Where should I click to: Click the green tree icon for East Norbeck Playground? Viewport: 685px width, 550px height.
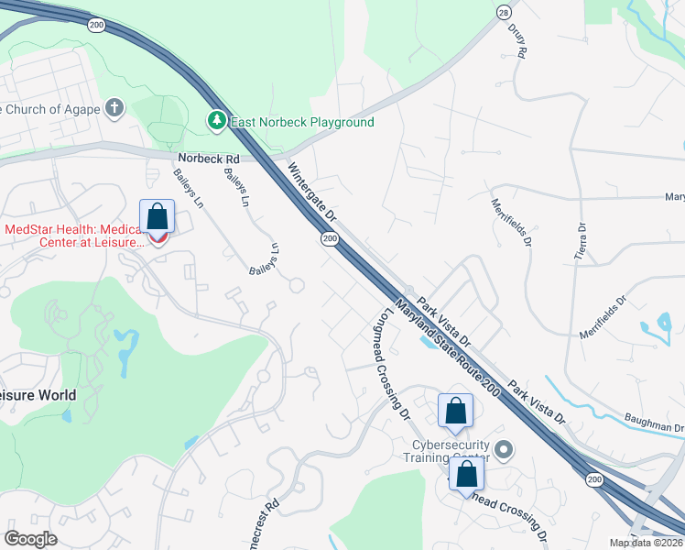[x=216, y=120]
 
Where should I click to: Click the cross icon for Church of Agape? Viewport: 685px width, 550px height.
[x=114, y=109]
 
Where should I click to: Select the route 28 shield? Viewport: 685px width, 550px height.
[x=504, y=11]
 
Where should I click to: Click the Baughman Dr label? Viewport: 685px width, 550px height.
[x=654, y=427]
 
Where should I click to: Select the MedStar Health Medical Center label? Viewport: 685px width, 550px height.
[x=75, y=236]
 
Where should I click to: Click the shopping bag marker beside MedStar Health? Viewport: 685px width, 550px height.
[x=158, y=217]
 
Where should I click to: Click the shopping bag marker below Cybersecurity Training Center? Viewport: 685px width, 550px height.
[x=467, y=475]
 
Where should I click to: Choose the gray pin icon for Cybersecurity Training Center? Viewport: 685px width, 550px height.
[x=503, y=450]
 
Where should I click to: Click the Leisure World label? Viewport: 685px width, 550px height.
[x=38, y=395]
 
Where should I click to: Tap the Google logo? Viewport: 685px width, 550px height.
[x=30, y=538]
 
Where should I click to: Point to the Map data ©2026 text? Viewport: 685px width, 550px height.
[x=647, y=543]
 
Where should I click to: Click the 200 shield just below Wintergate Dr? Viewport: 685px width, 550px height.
[x=329, y=238]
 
